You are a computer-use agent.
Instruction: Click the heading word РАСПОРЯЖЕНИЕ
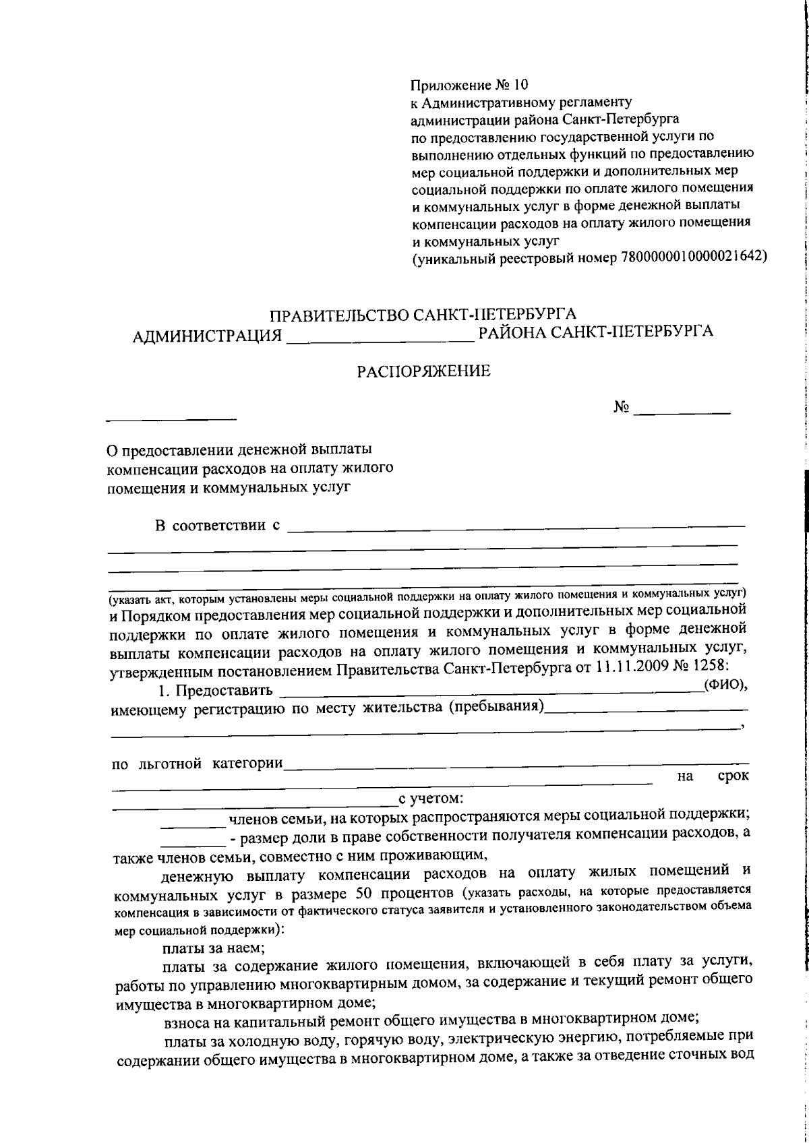pyautogui.click(x=424, y=371)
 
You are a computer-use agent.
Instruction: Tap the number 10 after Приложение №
pyautogui.click(x=522, y=86)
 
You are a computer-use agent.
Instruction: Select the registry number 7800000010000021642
pyautogui.click(x=686, y=257)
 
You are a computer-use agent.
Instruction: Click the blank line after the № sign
pyautogui.click(x=683, y=410)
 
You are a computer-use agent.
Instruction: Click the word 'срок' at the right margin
pyautogui.click(x=733, y=776)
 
